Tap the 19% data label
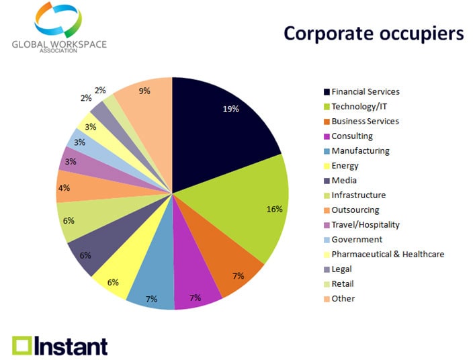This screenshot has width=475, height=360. [231, 109]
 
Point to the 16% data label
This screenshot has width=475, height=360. [274, 209]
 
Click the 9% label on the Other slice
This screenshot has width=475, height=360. [144, 91]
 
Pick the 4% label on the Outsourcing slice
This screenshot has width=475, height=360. [64, 189]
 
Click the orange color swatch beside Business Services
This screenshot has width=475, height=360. [327, 122]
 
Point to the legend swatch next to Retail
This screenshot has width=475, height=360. [327, 284]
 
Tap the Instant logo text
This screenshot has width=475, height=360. [71, 345]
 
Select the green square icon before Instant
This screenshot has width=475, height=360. [22, 345]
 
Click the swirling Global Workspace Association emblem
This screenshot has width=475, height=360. [59, 20]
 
